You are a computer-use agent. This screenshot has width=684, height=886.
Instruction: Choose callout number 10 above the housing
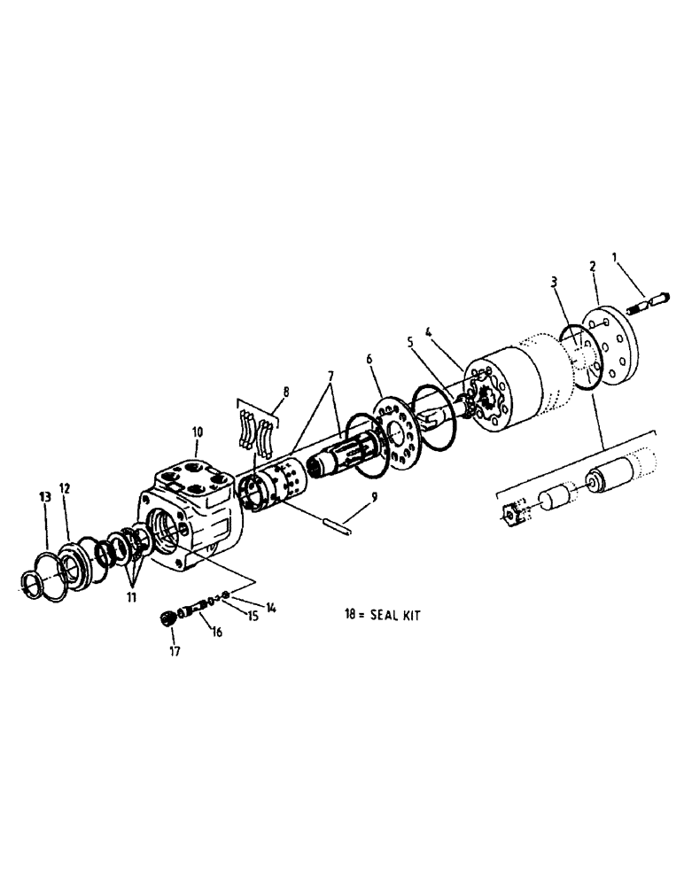coord(197,432)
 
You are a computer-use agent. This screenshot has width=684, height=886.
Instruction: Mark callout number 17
coord(175,651)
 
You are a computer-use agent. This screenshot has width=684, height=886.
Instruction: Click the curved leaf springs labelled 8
coord(256,434)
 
